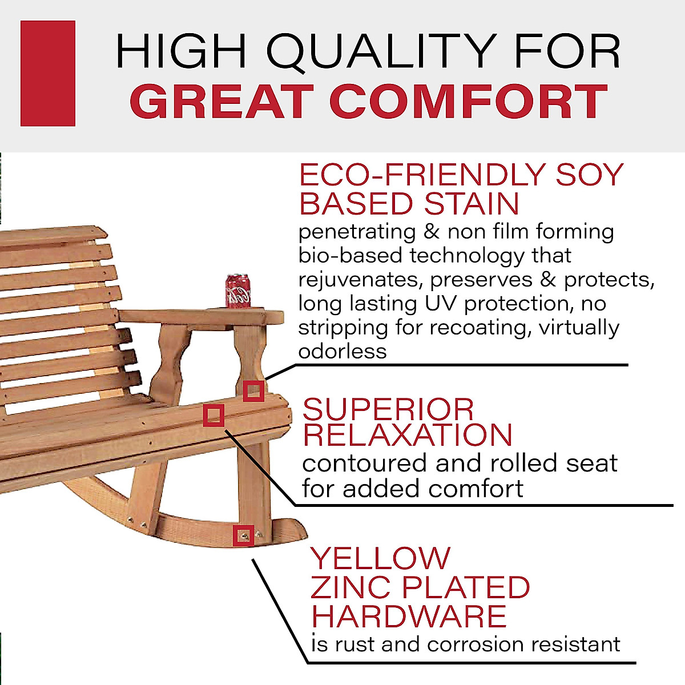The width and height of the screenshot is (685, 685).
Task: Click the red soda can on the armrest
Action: (238, 291)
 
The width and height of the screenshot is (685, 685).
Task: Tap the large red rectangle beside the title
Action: (48, 73)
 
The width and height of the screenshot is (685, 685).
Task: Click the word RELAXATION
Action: (407, 435)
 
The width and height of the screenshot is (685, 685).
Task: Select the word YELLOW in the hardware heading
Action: (380, 558)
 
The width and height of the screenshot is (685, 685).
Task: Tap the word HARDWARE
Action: (409, 616)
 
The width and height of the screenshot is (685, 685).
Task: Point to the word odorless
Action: (342, 351)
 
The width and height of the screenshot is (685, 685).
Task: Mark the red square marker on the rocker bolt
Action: (244, 535)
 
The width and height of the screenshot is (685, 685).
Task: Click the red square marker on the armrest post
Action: (253, 392)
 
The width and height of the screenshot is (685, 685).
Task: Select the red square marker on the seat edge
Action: (213, 415)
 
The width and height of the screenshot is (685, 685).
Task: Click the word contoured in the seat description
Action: (365, 463)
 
